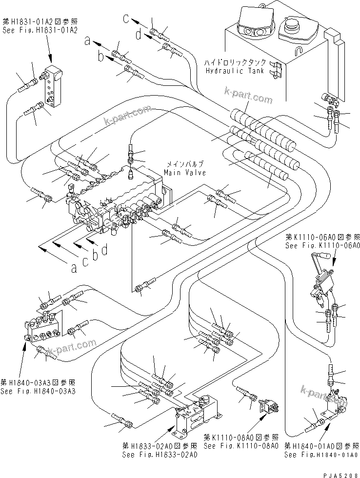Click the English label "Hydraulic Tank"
[235, 70]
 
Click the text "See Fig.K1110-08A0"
[240, 446]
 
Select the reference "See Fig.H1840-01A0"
[322, 455]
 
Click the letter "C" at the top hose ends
[126, 20]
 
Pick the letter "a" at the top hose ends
[87, 42]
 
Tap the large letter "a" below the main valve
[74, 267]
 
